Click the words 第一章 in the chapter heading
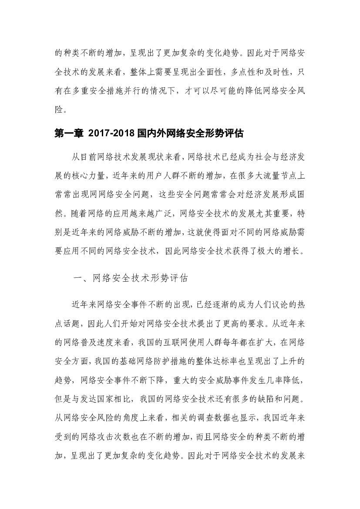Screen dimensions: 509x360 (x=68, y=135)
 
